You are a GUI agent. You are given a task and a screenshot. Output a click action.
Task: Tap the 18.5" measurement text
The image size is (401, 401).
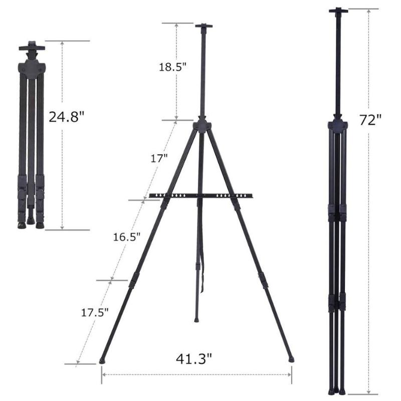[x=172, y=67]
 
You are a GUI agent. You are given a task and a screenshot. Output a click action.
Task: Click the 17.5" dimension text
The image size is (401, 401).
[x=95, y=312]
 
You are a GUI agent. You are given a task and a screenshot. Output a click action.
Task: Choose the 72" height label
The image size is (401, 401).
[x=370, y=120]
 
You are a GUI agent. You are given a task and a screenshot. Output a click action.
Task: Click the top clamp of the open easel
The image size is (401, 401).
[x=204, y=26]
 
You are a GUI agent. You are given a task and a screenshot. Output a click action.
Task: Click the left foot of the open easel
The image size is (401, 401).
[x=103, y=360]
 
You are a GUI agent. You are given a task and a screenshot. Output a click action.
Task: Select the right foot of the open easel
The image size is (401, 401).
[x=291, y=359]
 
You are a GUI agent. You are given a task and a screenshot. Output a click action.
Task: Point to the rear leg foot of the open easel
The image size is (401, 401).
[x=197, y=319]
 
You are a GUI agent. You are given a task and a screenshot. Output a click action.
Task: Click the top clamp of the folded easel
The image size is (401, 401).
[x=32, y=48]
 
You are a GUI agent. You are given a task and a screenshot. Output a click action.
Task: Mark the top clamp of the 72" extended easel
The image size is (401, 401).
[x=338, y=10]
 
